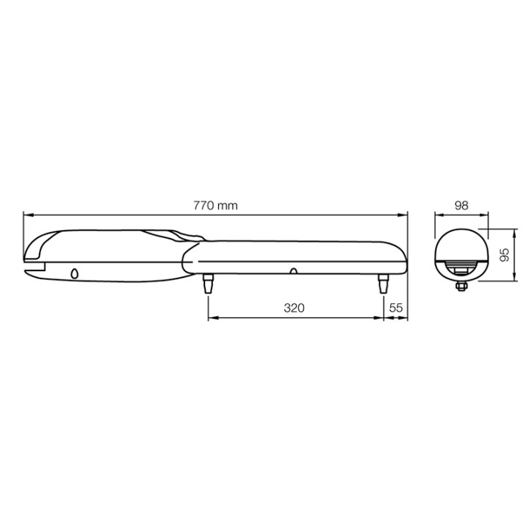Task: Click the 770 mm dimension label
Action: pyautogui.click(x=215, y=206)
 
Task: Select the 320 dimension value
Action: pyautogui.click(x=294, y=308)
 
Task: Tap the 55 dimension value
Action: pyautogui.click(x=396, y=308)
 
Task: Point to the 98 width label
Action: pyautogui.click(x=461, y=206)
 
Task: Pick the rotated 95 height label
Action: pyautogui.click(x=504, y=254)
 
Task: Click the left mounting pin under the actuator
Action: pyautogui.click(x=208, y=284)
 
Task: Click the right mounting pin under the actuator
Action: pyautogui.click(x=384, y=284)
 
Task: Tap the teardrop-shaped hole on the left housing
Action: pyautogui.click(x=74, y=273)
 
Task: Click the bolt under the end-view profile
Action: pyautogui.click(x=461, y=285)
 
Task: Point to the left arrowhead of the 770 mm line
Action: pyautogui.click(x=27, y=215)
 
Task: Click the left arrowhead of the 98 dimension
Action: pyautogui.click(x=438, y=215)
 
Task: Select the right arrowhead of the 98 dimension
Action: pyautogui.click(x=484, y=215)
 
